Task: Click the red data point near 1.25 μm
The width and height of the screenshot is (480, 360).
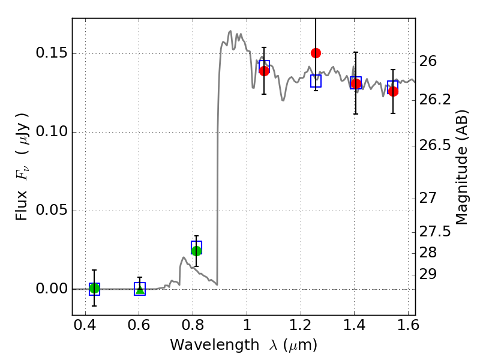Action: click(316, 53)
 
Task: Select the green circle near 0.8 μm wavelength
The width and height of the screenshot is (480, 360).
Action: click(196, 251)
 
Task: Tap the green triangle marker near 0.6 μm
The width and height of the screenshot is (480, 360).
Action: click(140, 289)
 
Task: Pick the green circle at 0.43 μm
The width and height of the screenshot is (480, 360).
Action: click(94, 288)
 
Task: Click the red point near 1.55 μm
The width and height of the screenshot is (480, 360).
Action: click(393, 91)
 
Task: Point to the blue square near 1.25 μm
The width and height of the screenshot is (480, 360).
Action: click(316, 81)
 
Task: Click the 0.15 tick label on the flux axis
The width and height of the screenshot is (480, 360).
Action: click(52, 53)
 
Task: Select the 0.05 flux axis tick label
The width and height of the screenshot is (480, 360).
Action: click(52, 211)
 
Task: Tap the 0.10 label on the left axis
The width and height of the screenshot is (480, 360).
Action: click(52, 131)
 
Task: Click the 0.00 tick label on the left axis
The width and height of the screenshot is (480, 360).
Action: click(52, 289)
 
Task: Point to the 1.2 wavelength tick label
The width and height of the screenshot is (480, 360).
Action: click(301, 325)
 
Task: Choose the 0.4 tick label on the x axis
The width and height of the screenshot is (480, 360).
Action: click(85, 325)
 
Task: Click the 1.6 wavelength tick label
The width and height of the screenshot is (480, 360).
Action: click(408, 325)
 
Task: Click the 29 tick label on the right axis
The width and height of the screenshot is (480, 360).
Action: click(428, 274)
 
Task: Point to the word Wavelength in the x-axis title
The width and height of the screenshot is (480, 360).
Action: click(215, 346)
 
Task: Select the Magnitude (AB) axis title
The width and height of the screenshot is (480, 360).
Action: click(462, 167)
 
